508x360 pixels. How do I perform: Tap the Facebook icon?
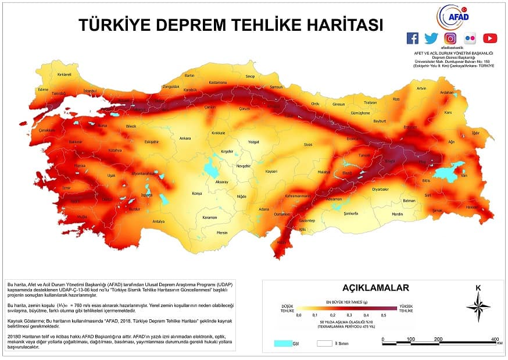coord(412,38)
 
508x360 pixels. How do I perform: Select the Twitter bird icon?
coord(431,38)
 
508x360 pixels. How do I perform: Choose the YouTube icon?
coord(489,38)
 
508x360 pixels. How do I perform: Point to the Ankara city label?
coord(185,138)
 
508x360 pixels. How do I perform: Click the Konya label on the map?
coord(198,194)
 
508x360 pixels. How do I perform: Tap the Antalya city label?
coord(159,222)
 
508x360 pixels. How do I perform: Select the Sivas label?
coord(308,144)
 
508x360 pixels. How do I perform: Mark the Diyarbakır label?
coord(380,189)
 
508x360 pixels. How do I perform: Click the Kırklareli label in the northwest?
coord(64,74)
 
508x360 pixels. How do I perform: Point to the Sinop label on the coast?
coord(251,76)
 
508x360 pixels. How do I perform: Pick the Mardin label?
coord(397,214)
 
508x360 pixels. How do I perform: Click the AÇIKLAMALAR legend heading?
coord(375,287)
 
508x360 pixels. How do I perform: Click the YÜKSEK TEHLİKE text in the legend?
coord(406,309)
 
